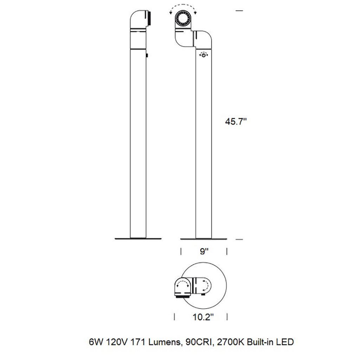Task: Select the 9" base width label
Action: [x=204, y=251]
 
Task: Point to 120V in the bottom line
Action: [x=114, y=342]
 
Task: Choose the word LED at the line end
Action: [x=285, y=342]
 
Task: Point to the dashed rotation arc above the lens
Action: [x=183, y=7]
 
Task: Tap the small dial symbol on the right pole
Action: [x=204, y=55]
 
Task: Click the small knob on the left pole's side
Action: [x=147, y=55]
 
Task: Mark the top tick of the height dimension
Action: [x=239, y=11]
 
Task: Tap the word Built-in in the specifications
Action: [x=260, y=342]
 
